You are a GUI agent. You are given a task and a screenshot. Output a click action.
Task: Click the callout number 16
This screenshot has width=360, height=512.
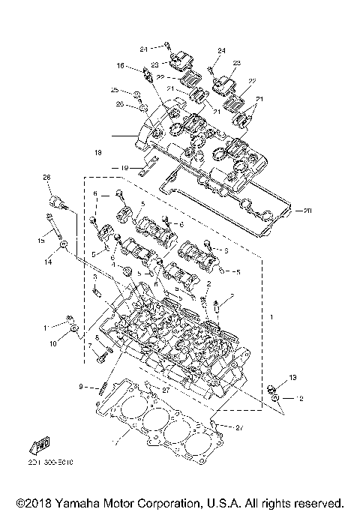tap(119, 66)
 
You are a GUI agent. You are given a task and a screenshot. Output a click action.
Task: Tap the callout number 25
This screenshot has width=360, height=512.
tap(115, 90)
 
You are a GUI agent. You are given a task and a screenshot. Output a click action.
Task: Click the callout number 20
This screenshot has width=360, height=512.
tap(307, 211)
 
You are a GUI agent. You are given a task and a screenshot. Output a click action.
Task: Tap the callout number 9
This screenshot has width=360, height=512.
tap(80, 386)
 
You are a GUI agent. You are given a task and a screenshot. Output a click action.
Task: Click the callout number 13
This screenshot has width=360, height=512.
tap(293, 377)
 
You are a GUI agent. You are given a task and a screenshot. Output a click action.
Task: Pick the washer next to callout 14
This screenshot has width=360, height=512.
tap(64, 245)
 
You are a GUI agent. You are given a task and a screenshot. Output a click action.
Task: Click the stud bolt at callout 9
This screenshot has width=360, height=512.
tap(101, 388)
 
